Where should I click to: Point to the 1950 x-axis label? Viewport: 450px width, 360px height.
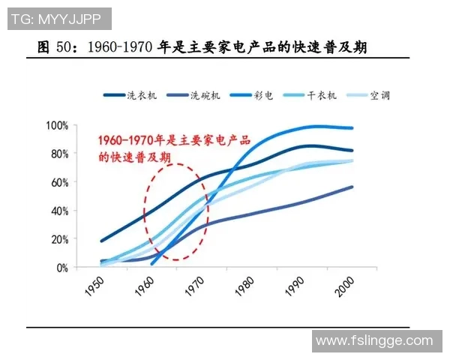(x=95, y=286)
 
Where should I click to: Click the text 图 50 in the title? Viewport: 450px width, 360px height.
(x=57, y=46)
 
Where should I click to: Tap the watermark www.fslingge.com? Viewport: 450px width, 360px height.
(x=374, y=341)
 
